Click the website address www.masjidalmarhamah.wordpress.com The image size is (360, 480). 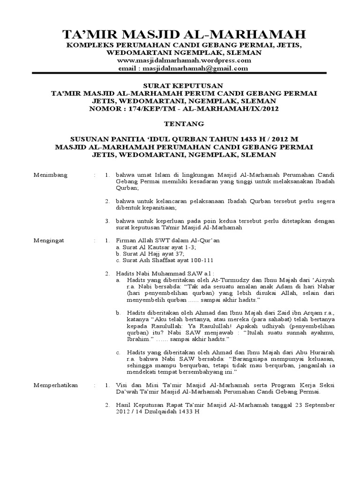click(184, 60)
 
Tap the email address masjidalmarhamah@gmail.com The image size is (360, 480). click(202, 68)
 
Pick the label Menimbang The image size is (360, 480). click(51, 175)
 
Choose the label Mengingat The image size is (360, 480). click(49, 240)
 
